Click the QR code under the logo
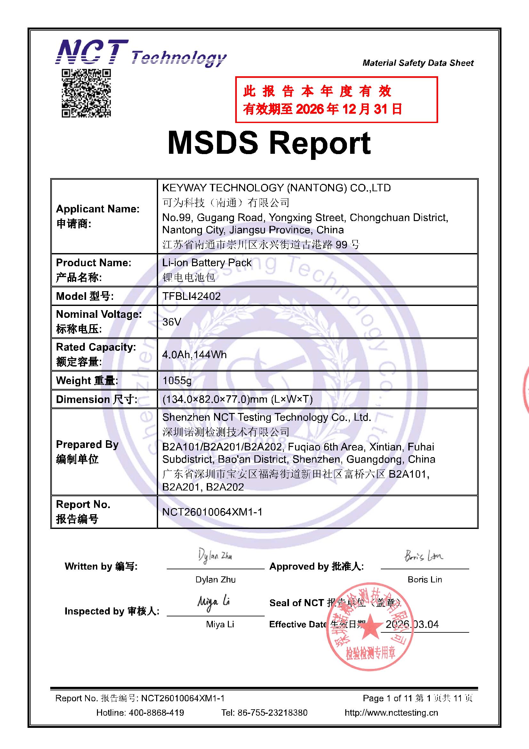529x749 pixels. click(86, 93)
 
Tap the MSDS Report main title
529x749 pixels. click(269, 143)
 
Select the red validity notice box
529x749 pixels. click(336, 100)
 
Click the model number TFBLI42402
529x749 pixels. click(191, 296)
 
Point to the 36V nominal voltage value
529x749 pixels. click(172, 322)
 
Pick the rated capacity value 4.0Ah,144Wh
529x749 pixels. click(194, 355)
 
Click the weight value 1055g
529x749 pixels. click(177, 380)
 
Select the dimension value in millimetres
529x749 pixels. click(237, 399)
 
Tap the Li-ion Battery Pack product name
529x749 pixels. click(207, 263)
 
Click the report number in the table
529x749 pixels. click(212, 512)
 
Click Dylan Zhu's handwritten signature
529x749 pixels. click(215, 556)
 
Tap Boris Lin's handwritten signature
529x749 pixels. click(424, 556)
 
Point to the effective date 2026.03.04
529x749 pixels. click(412, 624)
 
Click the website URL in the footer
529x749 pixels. click(391, 713)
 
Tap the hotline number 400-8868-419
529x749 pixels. click(156, 713)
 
